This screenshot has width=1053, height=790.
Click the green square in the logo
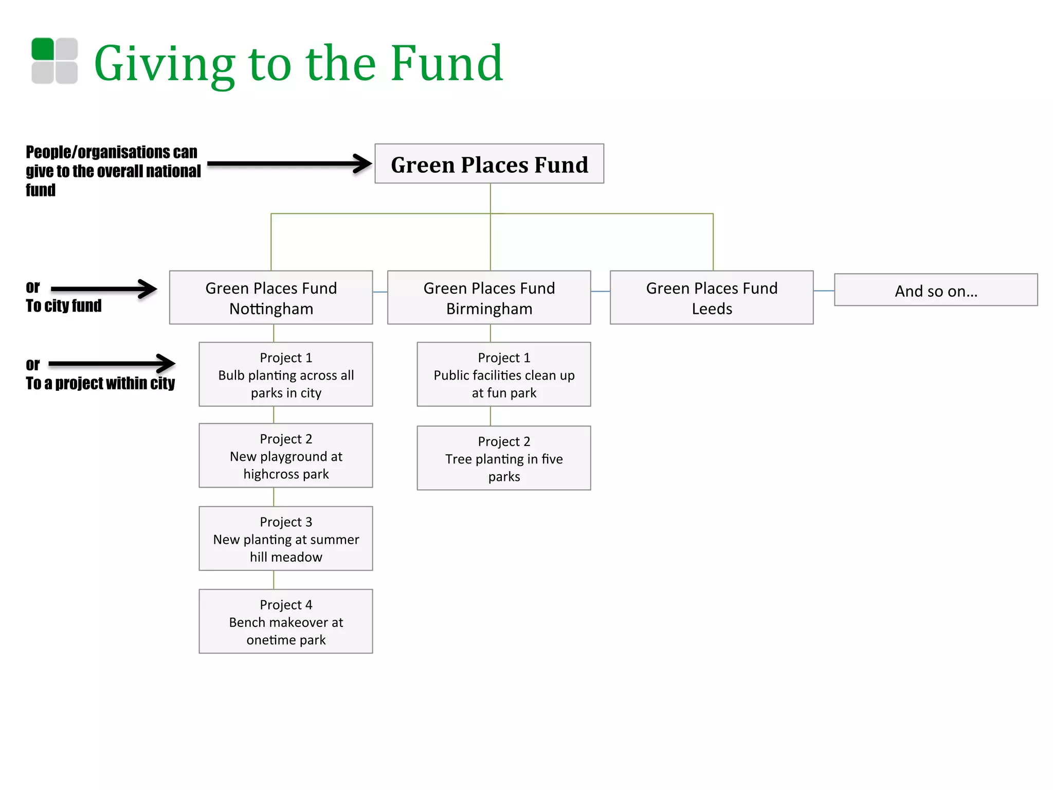[x=43, y=49]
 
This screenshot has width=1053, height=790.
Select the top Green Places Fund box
[x=489, y=164]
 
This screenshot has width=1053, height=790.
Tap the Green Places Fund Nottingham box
[x=271, y=298]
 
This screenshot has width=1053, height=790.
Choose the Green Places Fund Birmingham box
[x=489, y=298]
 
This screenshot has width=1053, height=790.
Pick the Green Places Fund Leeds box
[x=712, y=298]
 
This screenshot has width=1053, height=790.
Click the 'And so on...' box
[x=936, y=290]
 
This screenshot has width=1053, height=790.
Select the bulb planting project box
[x=286, y=374]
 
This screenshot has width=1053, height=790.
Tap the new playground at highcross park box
[x=286, y=456]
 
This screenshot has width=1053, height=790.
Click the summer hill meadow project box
[x=286, y=538]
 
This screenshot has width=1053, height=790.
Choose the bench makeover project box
[x=286, y=621]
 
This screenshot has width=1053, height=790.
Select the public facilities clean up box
[x=504, y=374]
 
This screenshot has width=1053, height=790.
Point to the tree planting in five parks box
[x=504, y=458]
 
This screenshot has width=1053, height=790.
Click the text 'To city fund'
[x=64, y=306]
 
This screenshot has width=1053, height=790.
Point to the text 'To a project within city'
[x=100, y=384]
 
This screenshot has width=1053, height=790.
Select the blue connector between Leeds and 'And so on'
[x=824, y=291]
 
